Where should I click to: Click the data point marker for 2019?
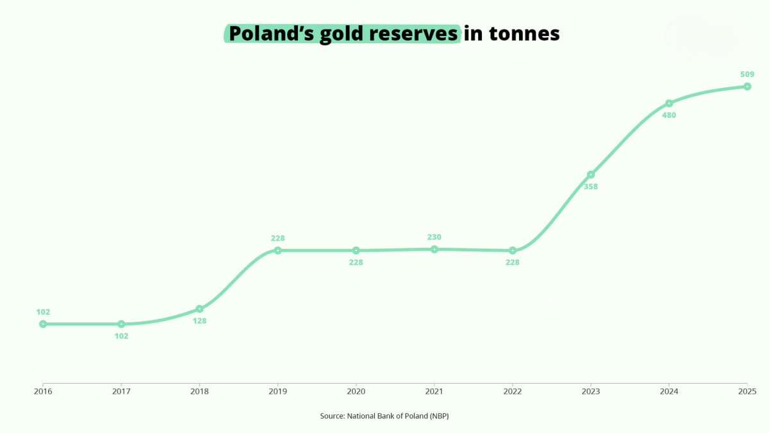pos(277,250)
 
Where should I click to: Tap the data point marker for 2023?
pos(591,174)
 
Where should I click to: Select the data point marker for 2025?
pos(747,86)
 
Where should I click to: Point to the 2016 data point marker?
pos(43,324)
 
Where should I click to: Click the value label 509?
pos(747,74)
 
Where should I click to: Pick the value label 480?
pos(669,115)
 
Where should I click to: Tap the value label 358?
pos(591,187)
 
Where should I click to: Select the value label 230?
pos(434,237)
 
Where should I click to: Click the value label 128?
pos(199,321)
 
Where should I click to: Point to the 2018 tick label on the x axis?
pos(199,391)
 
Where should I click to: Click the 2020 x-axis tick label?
pos(356,391)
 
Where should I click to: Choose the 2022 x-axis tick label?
pos(513,391)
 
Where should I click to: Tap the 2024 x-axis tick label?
pos(669,391)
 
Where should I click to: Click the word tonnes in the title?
pos(524,33)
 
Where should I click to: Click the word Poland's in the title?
pos(268,33)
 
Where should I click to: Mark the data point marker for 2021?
pos(434,249)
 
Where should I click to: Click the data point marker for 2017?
pos(121,324)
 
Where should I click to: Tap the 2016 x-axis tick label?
pos(43,391)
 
